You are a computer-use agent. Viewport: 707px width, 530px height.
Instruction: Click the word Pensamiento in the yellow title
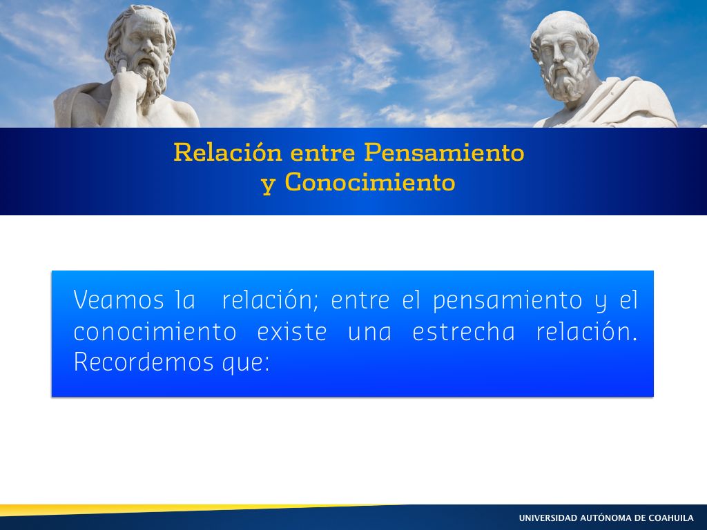[444, 152]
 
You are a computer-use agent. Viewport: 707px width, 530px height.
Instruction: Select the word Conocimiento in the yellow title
[370, 182]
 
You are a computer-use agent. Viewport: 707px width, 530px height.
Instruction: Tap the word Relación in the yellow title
[228, 152]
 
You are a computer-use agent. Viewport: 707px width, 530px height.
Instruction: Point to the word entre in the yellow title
[323, 153]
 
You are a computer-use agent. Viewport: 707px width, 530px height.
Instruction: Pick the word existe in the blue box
[292, 332]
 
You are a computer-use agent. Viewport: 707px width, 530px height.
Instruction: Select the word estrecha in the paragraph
[463, 332]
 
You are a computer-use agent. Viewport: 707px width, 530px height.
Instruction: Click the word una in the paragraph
[369, 333]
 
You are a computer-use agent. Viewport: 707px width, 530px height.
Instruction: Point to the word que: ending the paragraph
[246, 364]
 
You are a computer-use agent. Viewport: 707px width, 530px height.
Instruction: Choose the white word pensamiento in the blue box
[507, 302]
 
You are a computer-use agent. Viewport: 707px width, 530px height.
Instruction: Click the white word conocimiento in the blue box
[155, 332]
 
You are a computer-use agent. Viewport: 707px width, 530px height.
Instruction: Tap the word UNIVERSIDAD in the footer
[548, 518]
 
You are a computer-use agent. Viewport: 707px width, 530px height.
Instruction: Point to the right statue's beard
[566, 81]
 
